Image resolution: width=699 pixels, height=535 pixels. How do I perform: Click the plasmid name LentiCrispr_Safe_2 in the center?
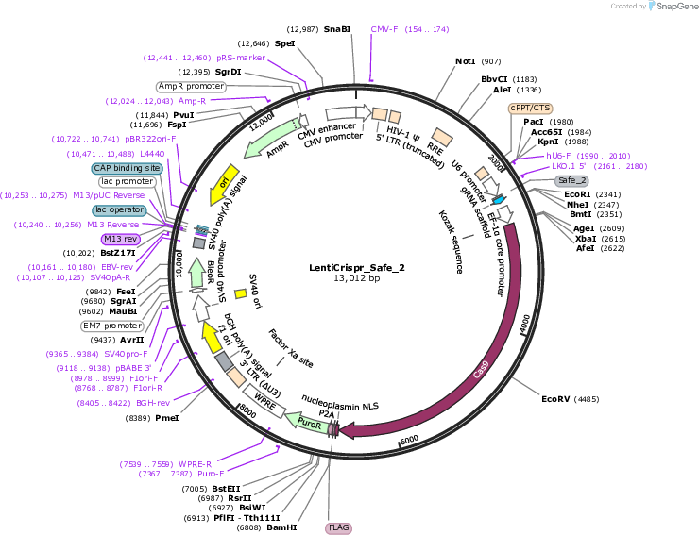(357, 268)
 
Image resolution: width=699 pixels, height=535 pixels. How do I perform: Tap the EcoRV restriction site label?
(555, 399)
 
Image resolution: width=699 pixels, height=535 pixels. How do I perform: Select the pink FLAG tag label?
(338, 527)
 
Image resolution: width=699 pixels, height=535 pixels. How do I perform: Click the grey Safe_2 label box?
(571, 180)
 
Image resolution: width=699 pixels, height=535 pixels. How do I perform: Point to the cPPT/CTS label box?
(530, 109)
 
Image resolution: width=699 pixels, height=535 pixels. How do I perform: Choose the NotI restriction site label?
(466, 61)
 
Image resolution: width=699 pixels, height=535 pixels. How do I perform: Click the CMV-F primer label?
(384, 29)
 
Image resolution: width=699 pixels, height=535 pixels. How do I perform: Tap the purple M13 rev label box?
(121, 240)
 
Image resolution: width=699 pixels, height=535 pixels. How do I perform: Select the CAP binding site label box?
(128, 168)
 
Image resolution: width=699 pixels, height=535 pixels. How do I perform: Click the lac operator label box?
(119, 209)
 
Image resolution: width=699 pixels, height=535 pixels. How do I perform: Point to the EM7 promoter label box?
(112, 326)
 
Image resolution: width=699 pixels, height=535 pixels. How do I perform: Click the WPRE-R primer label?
(195, 464)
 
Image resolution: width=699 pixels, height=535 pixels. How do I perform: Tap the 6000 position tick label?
(409, 440)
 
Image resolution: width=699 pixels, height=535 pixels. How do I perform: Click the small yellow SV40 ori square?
(241, 293)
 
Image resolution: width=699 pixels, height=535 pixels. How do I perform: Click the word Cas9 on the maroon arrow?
(481, 370)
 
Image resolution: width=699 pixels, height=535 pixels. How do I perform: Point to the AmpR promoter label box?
(191, 86)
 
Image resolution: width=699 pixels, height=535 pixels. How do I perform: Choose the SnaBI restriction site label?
(337, 29)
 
